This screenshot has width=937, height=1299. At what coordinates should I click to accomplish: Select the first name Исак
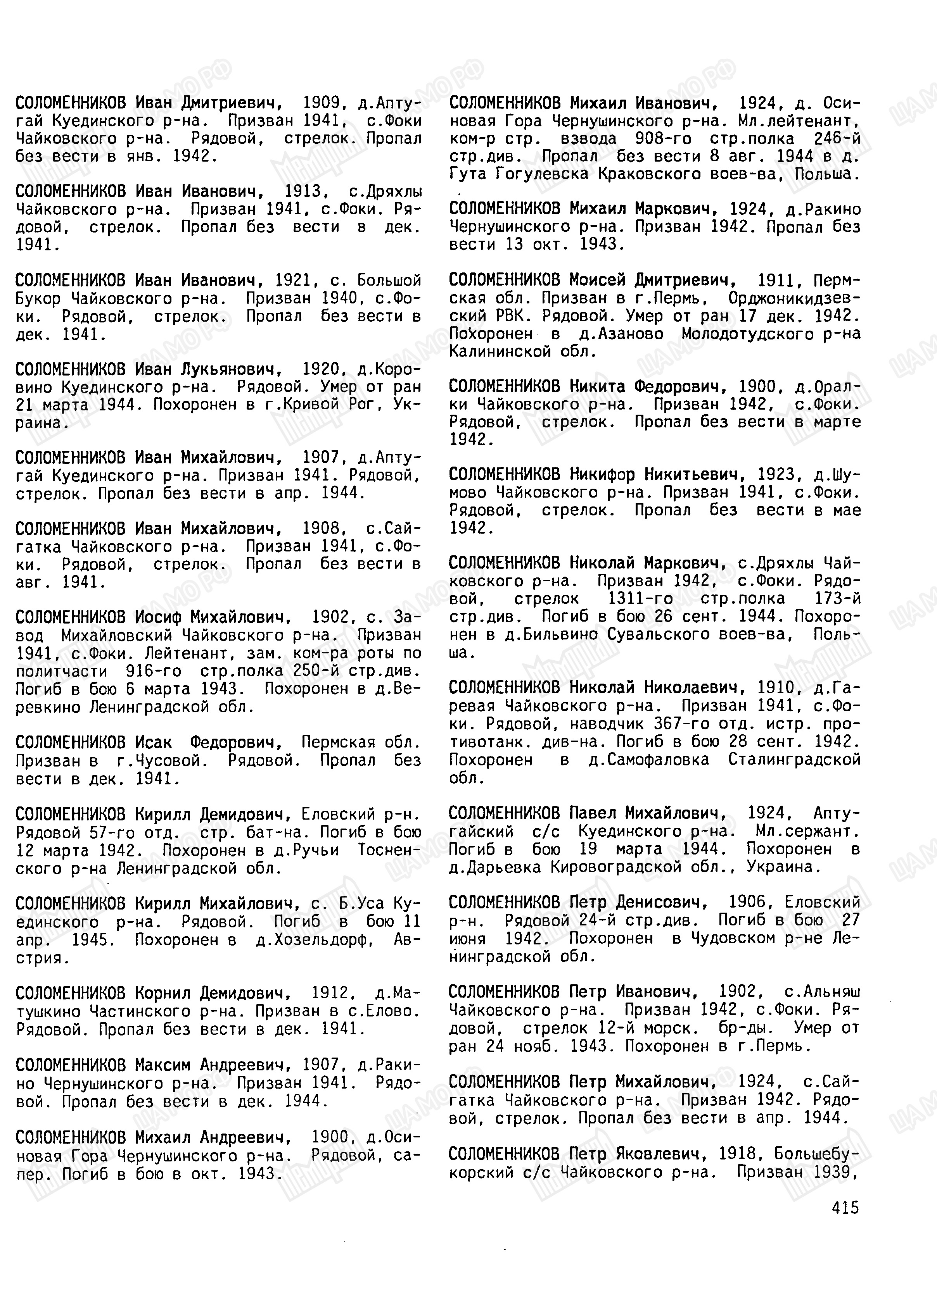(x=153, y=743)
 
